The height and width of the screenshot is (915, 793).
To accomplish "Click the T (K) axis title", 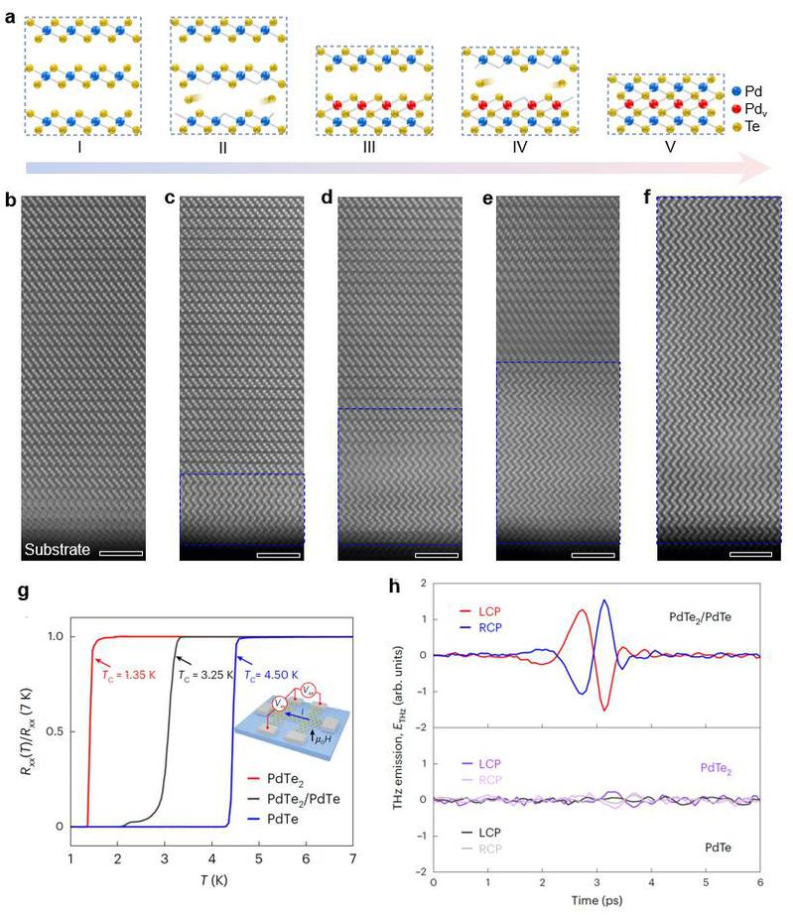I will [212, 879].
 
